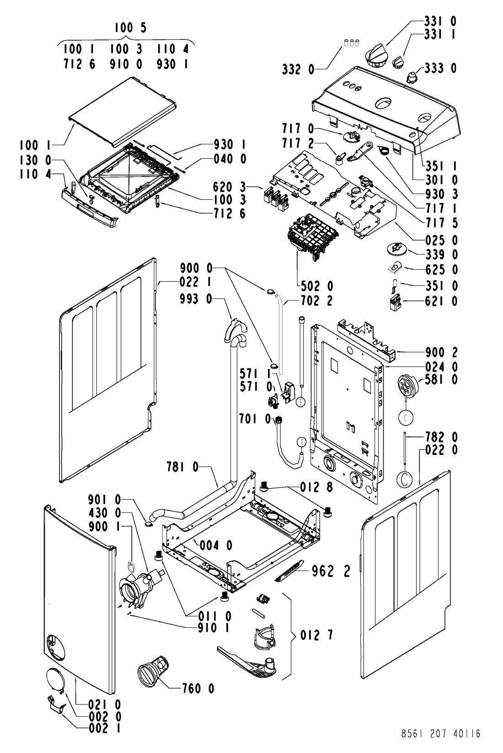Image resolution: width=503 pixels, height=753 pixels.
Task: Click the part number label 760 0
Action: [198, 689]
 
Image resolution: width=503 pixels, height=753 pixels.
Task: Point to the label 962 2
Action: [331, 571]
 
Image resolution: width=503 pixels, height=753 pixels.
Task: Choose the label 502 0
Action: [317, 286]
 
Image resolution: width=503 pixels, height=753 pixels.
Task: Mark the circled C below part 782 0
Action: [405, 479]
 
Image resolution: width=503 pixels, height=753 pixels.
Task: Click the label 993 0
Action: [196, 299]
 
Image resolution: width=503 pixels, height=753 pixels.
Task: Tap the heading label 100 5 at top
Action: [130, 27]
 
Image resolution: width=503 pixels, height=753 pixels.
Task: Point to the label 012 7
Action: [316, 635]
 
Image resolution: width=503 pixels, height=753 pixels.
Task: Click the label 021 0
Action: [105, 704]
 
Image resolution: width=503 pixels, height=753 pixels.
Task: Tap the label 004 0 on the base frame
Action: [216, 545]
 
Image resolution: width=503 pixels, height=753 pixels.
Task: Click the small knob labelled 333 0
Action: [411, 77]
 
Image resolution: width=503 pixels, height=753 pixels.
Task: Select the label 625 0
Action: [441, 269]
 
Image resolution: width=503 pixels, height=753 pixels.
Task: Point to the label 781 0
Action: [182, 467]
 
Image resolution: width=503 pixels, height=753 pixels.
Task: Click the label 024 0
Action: [441, 366]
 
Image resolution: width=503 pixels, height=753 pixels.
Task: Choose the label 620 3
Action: [229, 187]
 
